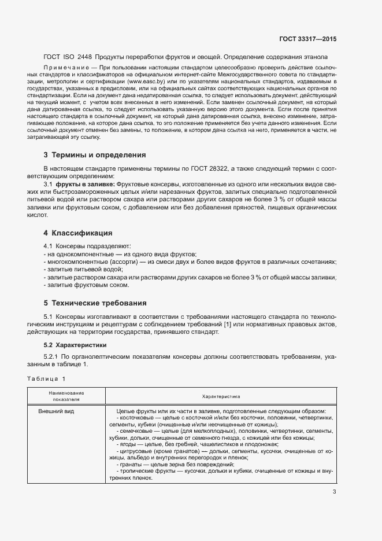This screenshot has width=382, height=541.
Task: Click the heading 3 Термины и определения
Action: coord(95,155)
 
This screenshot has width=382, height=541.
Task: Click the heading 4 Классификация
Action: coord(77,233)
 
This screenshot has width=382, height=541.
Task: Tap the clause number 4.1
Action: coord(49,246)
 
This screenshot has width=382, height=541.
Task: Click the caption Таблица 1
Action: coord(46,378)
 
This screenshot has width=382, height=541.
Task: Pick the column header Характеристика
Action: coord(221,396)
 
